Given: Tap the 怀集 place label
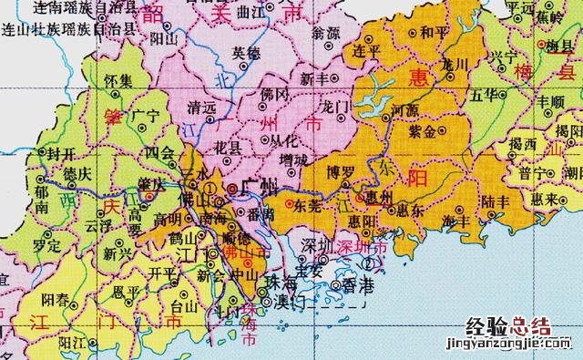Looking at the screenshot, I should click(118, 81).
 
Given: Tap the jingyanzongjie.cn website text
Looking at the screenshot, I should click(508, 346).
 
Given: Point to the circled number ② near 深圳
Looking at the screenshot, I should click(368, 263).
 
